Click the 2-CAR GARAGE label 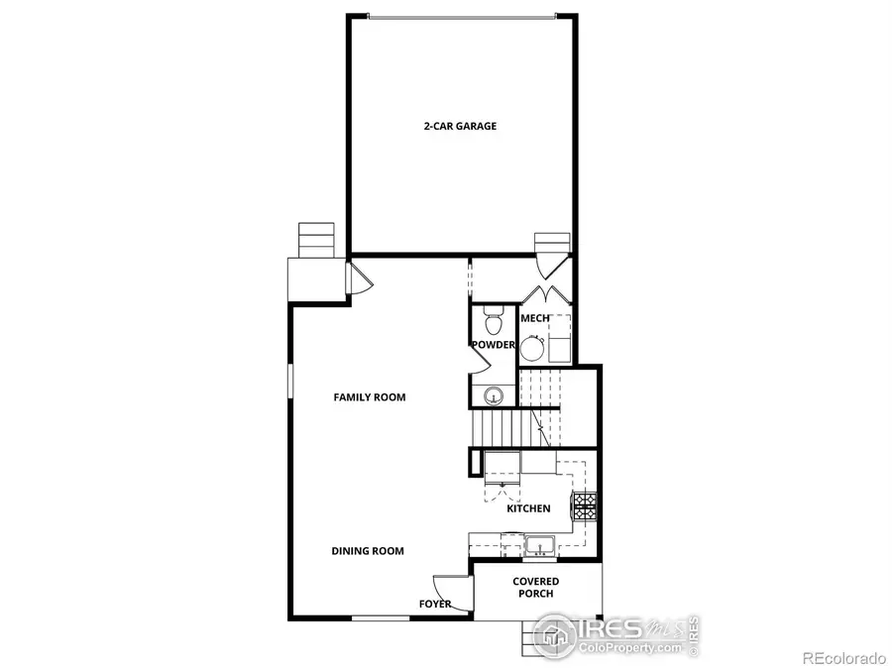point(460,127)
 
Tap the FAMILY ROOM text point(369,397)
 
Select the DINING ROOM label point(368,551)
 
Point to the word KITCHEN point(528,508)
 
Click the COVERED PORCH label point(535,588)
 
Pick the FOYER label point(435,604)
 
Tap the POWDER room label point(494,345)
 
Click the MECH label point(535,318)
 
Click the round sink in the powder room point(494,395)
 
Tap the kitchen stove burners point(584,508)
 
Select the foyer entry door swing point(442,587)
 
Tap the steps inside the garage point(552,244)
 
